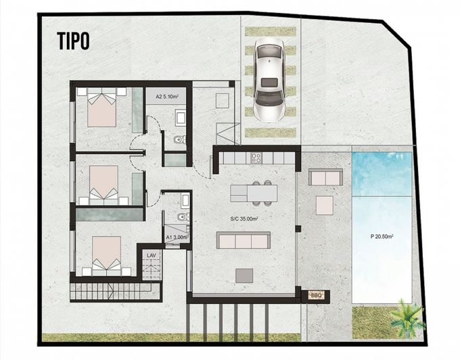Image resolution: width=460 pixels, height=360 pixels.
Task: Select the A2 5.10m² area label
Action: pos(166,97)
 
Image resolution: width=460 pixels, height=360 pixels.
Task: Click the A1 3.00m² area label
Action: pos(177,238)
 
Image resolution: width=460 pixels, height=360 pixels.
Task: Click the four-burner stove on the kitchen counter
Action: pos(257,158)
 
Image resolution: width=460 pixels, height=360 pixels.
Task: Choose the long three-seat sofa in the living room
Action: pos(243,240)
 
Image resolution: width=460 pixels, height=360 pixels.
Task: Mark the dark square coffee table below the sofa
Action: pos(244,275)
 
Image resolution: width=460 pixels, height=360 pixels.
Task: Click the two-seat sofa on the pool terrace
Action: pos(325,177)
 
